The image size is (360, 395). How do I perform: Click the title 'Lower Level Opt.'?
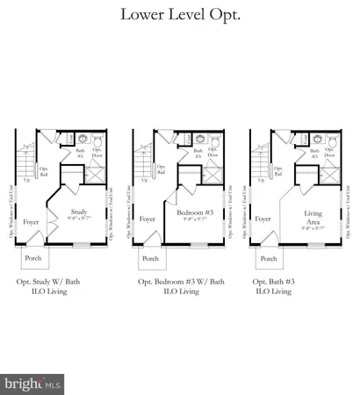pos(179,14)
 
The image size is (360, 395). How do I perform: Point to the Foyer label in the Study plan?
pos(32,219)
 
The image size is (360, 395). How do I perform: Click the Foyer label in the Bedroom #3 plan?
pos(148,219)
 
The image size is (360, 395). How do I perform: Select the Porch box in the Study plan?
pos(32,259)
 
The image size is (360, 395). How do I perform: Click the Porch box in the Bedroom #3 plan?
pos(150,259)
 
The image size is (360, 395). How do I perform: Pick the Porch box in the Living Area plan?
pos(268,259)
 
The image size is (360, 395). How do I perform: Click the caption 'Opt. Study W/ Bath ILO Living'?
pos(61,287)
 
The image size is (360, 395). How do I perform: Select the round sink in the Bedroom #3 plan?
pos(199,139)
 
